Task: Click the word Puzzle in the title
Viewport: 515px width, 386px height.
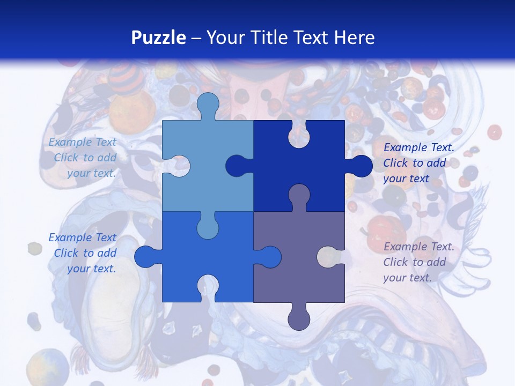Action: coord(158,38)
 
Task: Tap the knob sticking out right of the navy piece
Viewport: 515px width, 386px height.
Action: coord(359,166)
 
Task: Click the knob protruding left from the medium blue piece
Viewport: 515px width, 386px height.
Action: coord(146,256)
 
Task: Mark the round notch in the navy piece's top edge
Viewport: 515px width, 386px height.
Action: coord(299,134)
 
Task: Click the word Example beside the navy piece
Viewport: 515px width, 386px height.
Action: coord(402,147)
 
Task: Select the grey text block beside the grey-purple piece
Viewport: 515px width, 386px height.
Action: coord(418,262)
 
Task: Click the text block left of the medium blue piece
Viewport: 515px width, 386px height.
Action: coord(83,253)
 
